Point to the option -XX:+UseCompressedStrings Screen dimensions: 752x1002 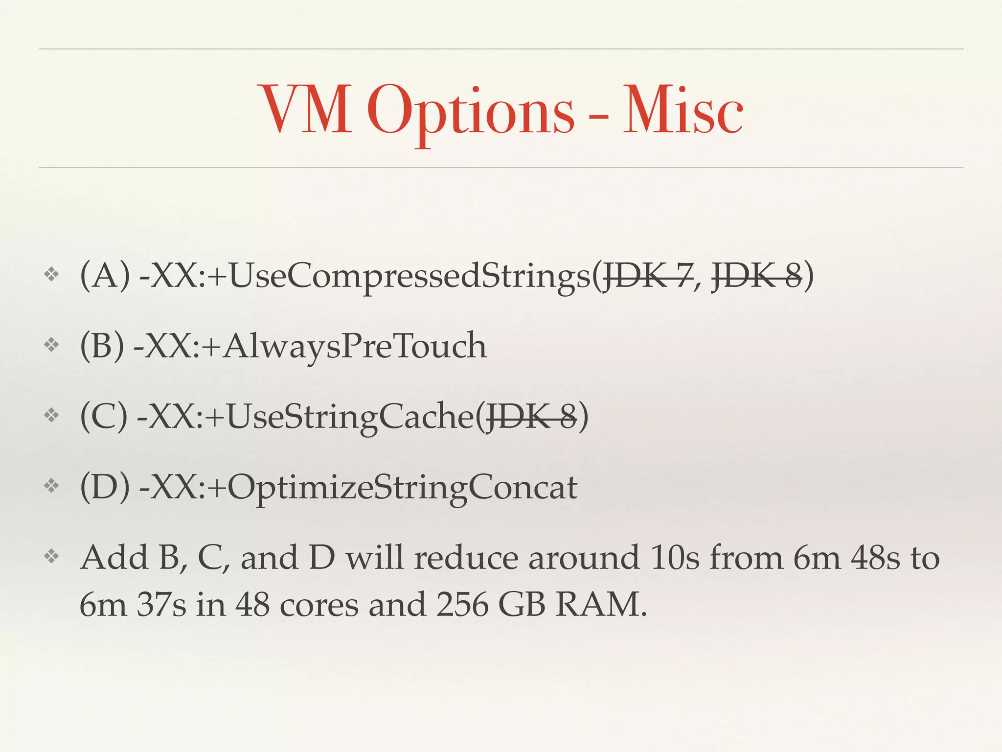click(365, 276)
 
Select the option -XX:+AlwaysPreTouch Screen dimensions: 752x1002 click(310, 346)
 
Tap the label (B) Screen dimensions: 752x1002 click(102, 346)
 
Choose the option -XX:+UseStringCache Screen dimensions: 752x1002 click(306, 416)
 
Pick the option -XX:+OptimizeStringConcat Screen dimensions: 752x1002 click(358, 487)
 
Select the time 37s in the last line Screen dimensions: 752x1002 click(161, 604)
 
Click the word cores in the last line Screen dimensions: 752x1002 click(319, 604)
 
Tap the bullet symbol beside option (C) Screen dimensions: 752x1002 click(51, 416)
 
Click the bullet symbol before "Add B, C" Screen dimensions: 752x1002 click(51, 556)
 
